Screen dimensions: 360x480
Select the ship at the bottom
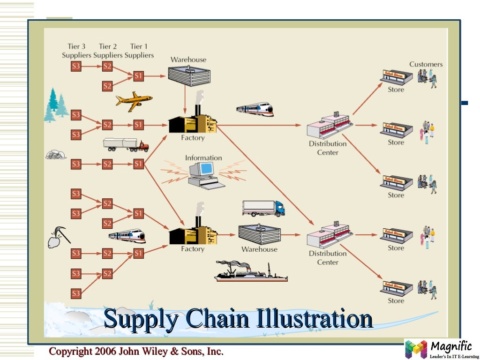click(250, 272)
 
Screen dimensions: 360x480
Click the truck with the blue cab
click(263, 208)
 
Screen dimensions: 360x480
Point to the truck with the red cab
click(126, 145)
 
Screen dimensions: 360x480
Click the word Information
click(203, 158)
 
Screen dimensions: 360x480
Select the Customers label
click(426, 64)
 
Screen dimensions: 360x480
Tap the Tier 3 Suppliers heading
click(76, 51)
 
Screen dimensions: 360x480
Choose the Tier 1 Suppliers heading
click(139, 51)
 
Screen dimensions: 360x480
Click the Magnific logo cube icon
click(416, 349)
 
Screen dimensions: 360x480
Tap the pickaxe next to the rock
click(62, 233)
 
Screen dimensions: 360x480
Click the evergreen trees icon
click(56, 105)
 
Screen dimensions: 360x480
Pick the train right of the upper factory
click(255, 109)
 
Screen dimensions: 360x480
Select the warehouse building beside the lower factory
click(259, 233)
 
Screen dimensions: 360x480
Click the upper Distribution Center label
click(328, 148)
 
